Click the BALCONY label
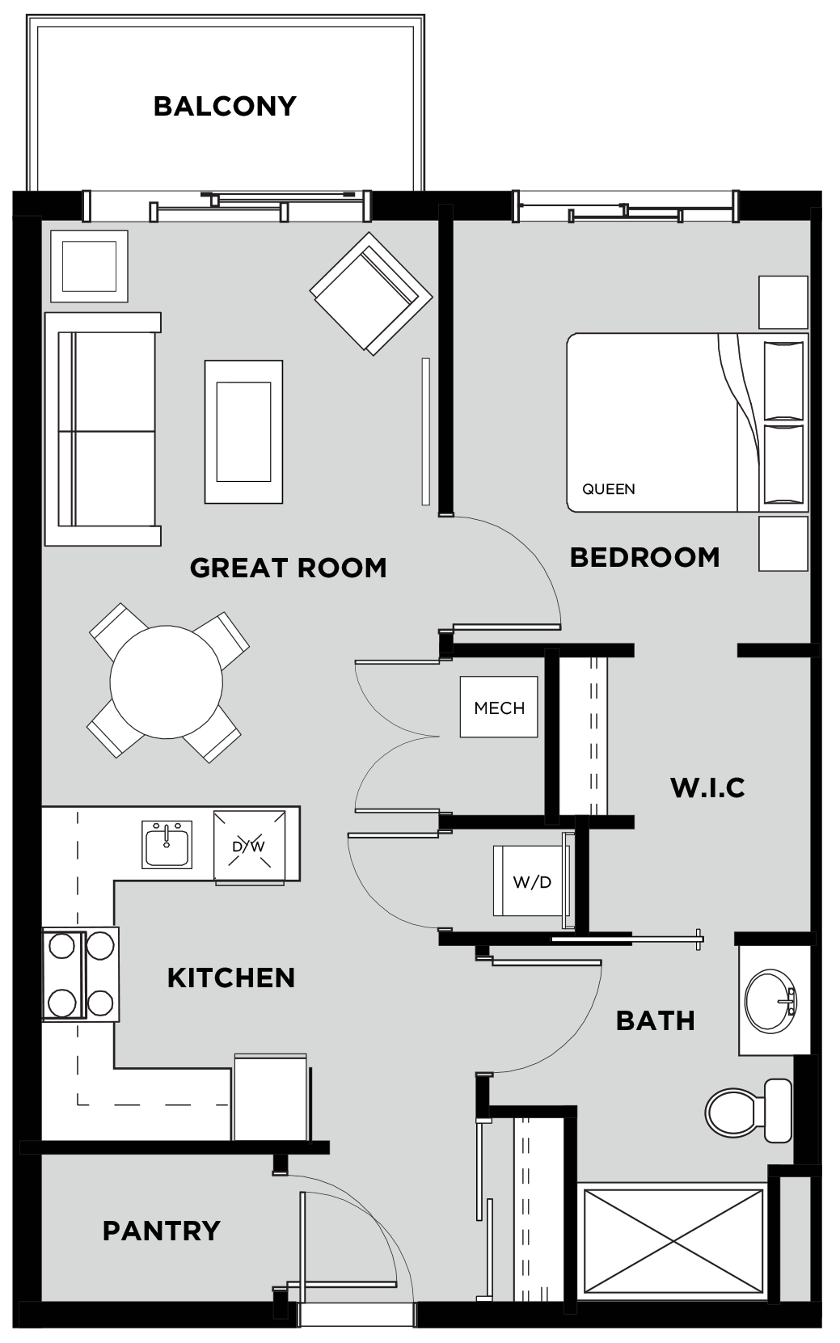pyautogui.click(x=225, y=106)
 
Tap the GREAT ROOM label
pyautogui.click(x=288, y=568)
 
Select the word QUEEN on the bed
pyautogui.click(x=609, y=489)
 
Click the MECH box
pyautogui.click(x=499, y=707)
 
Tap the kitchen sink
pyautogui.click(x=167, y=844)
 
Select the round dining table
pyautogui.click(x=166, y=682)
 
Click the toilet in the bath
pyautogui.click(x=749, y=1111)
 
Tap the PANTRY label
pyautogui.click(x=161, y=1231)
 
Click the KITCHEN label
pyautogui.click(x=231, y=978)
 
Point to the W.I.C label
pyautogui.click(x=707, y=788)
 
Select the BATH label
pyautogui.click(x=656, y=1020)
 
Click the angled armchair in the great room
pyautogui.click(x=371, y=294)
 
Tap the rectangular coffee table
pyautogui.click(x=243, y=432)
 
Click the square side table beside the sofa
pyautogui.click(x=89, y=266)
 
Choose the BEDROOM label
pyautogui.click(x=644, y=558)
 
